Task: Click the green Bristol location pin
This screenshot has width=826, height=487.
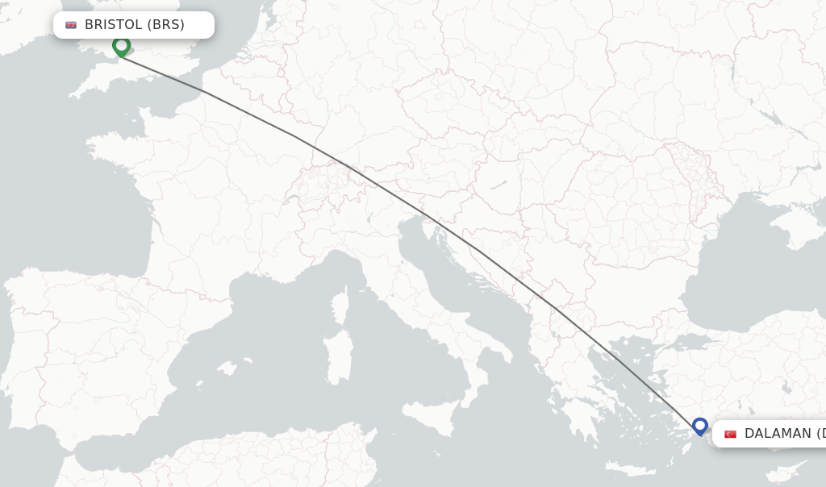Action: (x=121, y=45)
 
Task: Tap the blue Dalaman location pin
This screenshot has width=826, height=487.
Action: (x=699, y=425)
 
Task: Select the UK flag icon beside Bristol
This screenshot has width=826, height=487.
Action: (x=71, y=25)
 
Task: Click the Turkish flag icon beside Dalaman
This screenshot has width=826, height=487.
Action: (x=730, y=434)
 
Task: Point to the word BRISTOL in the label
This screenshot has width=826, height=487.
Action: (x=114, y=25)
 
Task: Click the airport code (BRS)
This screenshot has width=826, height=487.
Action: (x=167, y=25)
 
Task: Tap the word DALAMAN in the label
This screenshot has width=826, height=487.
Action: (x=777, y=434)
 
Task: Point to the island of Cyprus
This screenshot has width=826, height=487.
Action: (x=786, y=472)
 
